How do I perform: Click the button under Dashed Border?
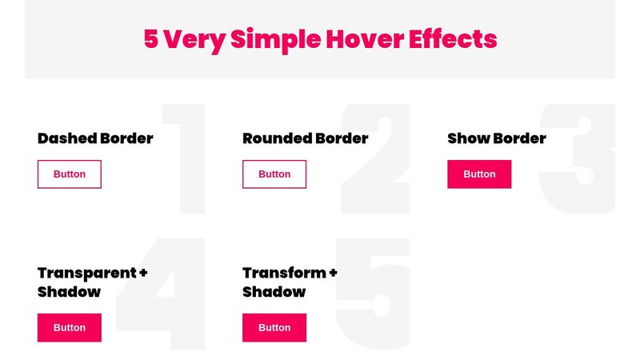pos(70,174)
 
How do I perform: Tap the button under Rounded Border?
pos(274,174)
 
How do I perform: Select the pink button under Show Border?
pos(479,174)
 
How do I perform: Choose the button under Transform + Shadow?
pos(274,328)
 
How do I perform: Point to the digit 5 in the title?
pos(151,38)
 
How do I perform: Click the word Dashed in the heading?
pos(65,138)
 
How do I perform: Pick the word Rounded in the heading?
pos(277,138)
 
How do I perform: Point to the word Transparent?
pos(86,273)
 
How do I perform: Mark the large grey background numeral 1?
pos(189,160)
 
